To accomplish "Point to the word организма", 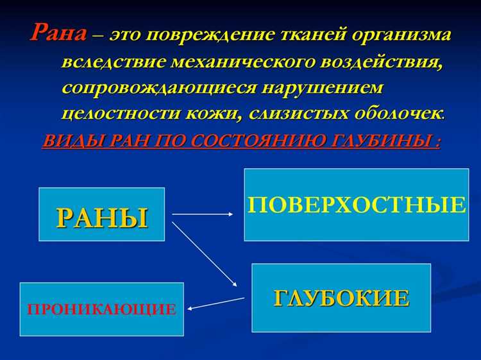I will [399, 35].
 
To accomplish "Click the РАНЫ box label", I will [102, 217].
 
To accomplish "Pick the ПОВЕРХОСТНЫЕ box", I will [357, 205].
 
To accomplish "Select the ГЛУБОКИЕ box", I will [341, 298].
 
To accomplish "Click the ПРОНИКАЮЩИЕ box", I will [101, 309].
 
